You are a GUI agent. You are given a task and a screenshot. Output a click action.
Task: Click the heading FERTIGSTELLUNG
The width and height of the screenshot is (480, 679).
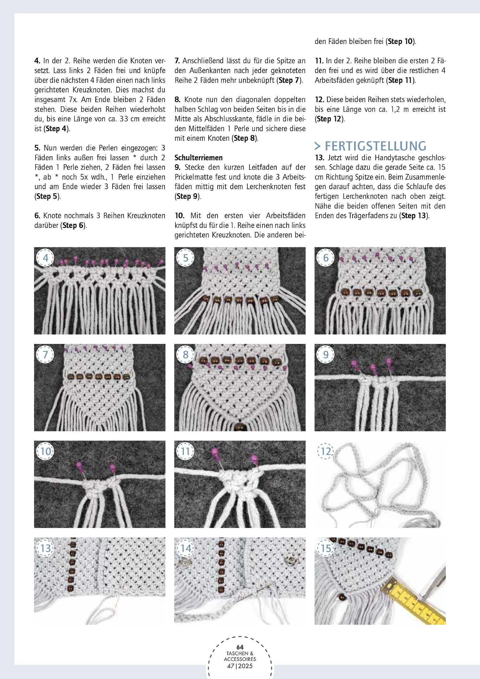370,146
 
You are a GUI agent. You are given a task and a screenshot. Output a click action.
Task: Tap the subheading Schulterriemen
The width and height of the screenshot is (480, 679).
198,158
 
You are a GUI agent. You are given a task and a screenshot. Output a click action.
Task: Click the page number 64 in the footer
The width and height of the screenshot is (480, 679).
240,647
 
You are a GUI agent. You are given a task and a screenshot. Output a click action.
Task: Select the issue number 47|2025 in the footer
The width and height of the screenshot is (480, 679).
240,666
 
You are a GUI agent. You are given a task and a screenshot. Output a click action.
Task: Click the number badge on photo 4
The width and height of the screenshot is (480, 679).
45,258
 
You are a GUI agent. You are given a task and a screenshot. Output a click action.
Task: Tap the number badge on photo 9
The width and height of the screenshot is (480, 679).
326,355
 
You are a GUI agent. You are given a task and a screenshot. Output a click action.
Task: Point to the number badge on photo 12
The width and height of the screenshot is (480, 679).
326,451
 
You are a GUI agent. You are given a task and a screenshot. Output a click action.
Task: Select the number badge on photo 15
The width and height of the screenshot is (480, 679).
326,549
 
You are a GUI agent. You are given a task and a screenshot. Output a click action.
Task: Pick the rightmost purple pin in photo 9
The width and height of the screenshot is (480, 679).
388,361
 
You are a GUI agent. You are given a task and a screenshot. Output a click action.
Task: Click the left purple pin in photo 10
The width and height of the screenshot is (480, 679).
79,465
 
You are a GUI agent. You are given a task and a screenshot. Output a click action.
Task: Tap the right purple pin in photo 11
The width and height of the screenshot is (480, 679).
254,458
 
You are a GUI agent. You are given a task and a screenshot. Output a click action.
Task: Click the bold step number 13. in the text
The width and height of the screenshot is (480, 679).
319,158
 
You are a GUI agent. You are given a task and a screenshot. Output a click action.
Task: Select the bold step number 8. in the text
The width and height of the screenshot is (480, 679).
177,100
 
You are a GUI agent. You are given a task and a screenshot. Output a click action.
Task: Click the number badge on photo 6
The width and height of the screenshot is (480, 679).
326,258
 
